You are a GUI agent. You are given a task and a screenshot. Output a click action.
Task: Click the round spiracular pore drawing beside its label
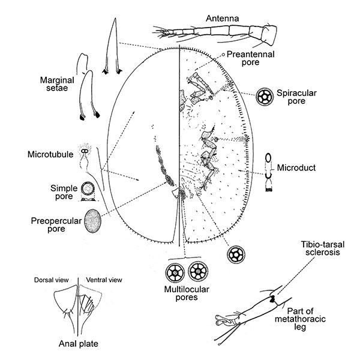(x=264, y=96)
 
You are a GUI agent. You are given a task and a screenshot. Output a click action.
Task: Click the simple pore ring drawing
(x=89, y=191)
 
